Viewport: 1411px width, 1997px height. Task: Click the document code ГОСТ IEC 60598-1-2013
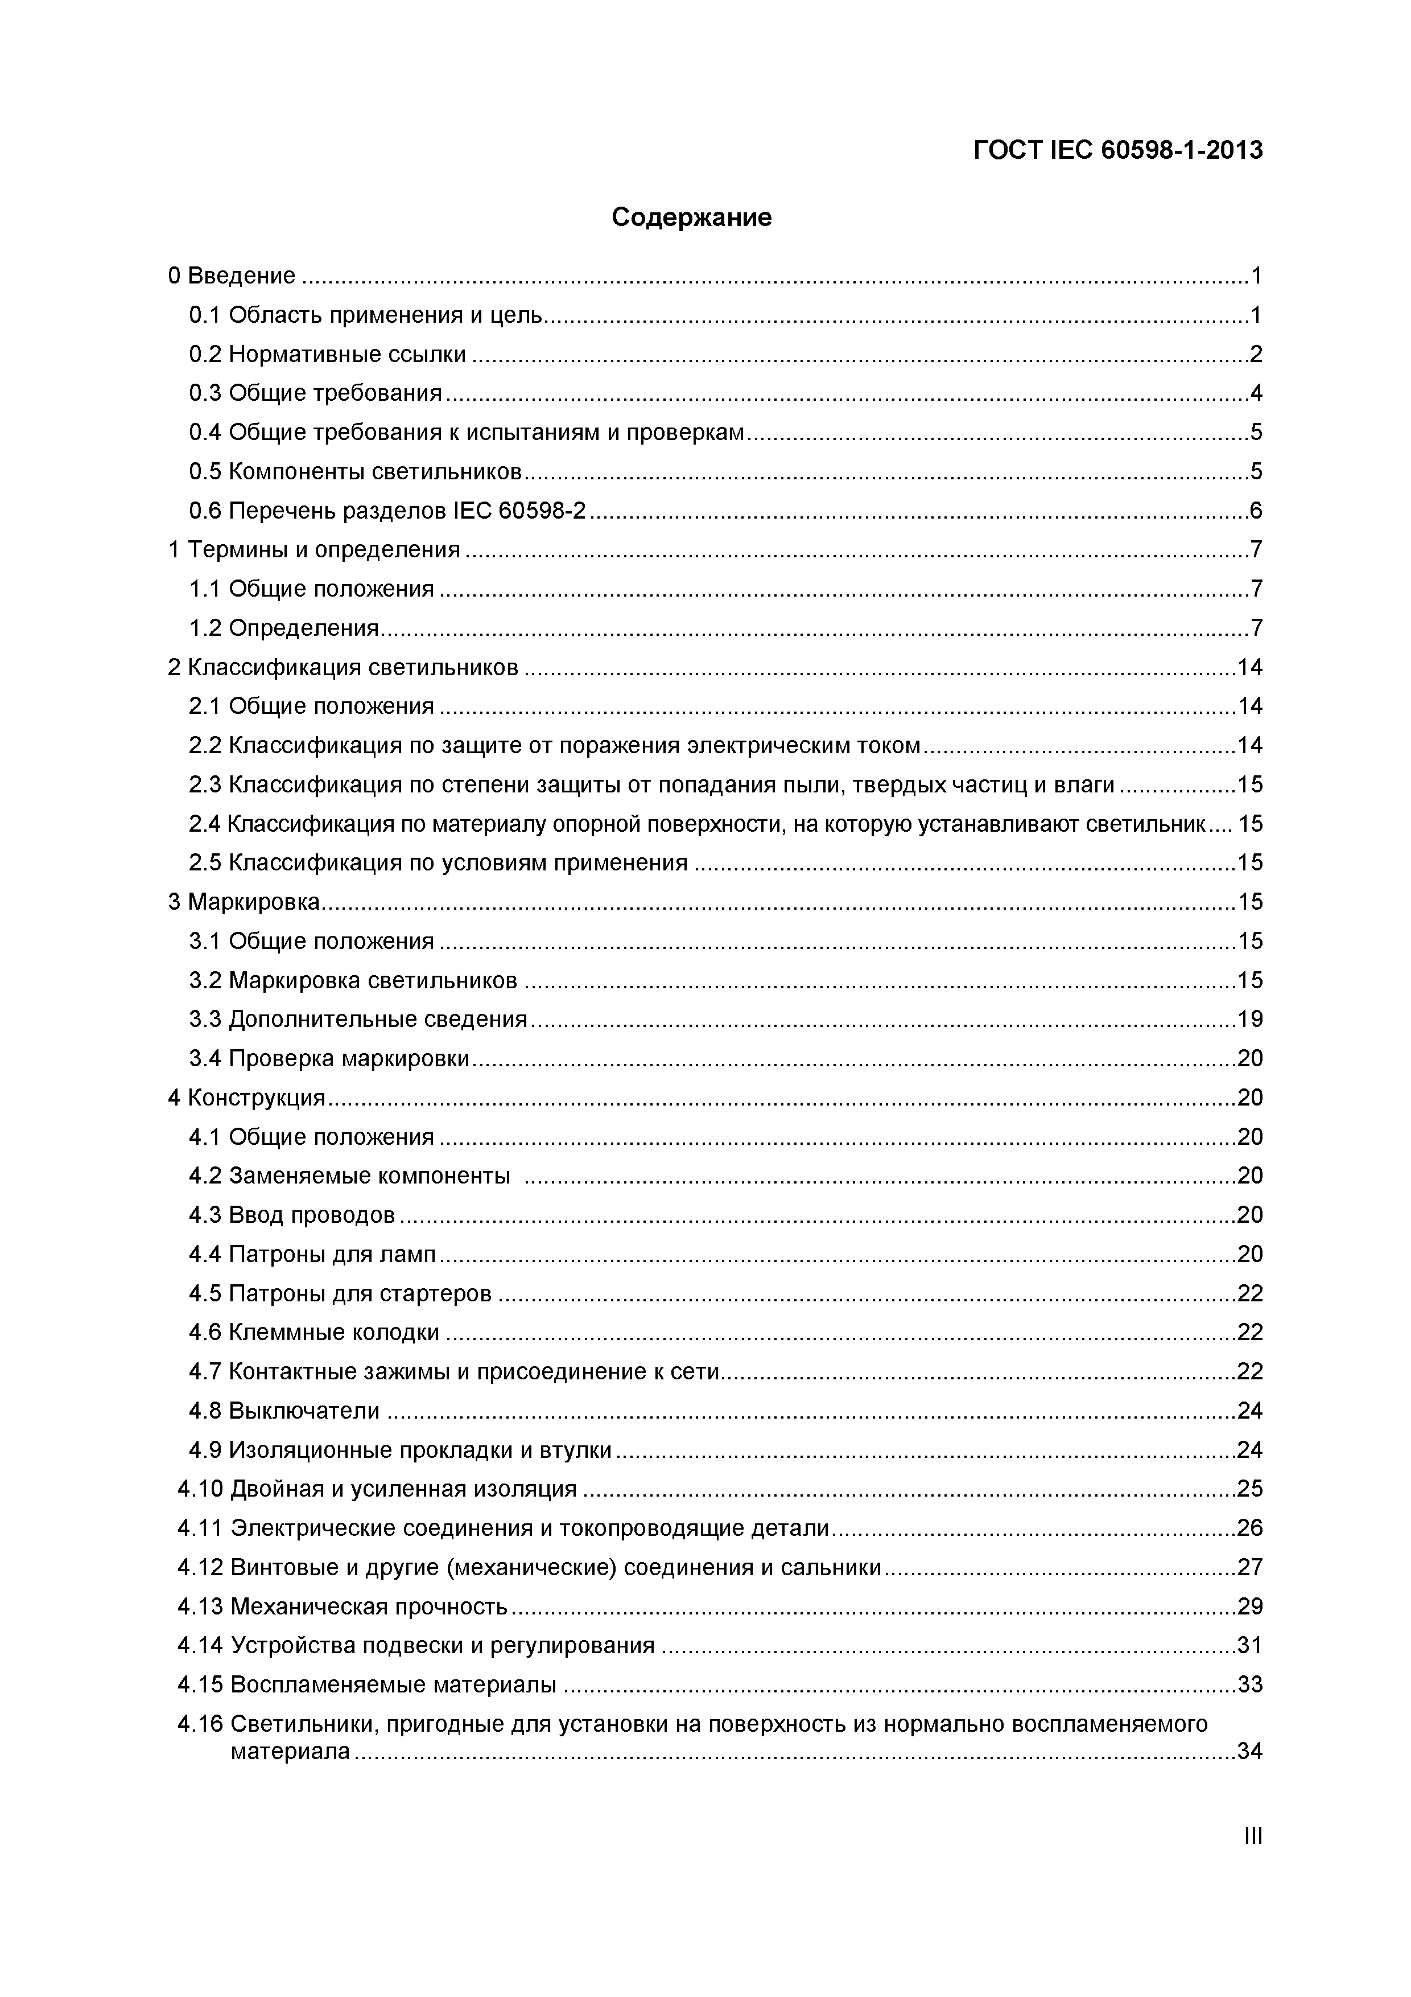[x=1117, y=150]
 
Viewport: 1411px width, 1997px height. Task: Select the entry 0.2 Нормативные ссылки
[x=328, y=355]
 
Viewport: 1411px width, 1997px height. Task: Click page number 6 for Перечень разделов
[x=1255, y=511]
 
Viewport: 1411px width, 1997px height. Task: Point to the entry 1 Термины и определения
[x=314, y=550]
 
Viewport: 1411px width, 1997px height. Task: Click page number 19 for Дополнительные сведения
[x=1249, y=1020]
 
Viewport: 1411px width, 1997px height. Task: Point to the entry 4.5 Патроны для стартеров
[x=340, y=1294]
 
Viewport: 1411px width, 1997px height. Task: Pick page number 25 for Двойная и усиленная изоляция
[x=1249, y=1490]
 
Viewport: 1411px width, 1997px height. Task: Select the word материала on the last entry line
[x=290, y=1752]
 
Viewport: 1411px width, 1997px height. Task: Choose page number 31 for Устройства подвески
[x=1249, y=1646]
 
